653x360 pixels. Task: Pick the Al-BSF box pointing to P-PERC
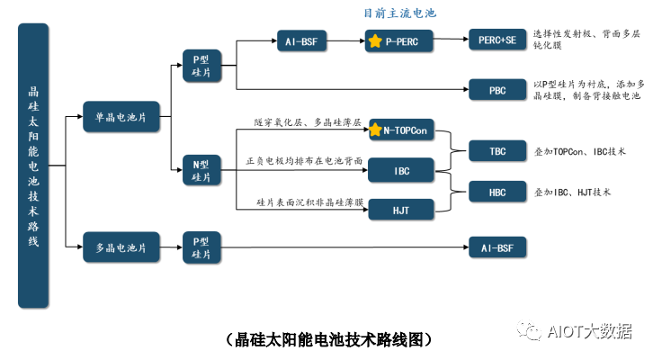pyautogui.click(x=302, y=41)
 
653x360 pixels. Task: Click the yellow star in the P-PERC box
pyautogui.click(x=375, y=41)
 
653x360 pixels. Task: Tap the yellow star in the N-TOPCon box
pyautogui.click(x=377, y=131)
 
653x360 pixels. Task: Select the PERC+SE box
pyautogui.click(x=496, y=40)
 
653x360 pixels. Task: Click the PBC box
pyautogui.click(x=496, y=89)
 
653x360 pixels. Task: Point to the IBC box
pyautogui.click(x=401, y=168)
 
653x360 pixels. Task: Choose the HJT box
pyautogui.click(x=401, y=210)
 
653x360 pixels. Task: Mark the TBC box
pyautogui.click(x=496, y=150)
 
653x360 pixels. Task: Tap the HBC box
pyautogui.click(x=496, y=192)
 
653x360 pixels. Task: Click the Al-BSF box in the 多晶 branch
pyautogui.click(x=496, y=246)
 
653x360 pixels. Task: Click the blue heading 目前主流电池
pyautogui.click(x=399, y=13)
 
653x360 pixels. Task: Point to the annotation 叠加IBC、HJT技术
pyautogui.click(x=572, y=192)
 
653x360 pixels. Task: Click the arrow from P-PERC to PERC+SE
pyautogui.click(x=450, y=41)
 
